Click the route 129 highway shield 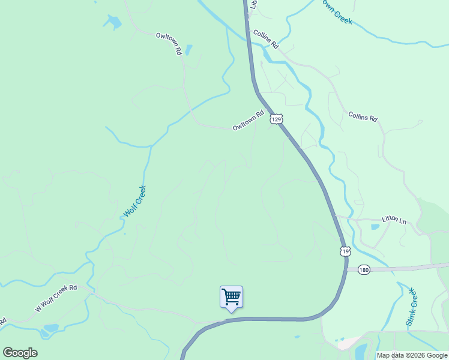coord(276,119)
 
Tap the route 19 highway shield coord(345,251)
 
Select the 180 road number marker coord(363,269)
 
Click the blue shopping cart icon coord(231,297)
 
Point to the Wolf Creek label coord(134,202)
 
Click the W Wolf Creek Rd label coord(56,298)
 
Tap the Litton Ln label coord(394,220)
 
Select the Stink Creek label coord(412,306)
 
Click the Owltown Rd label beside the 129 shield coord(248,120)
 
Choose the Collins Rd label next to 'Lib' coord(266,39)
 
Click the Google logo coord(20,352)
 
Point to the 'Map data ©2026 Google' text coord(412,355)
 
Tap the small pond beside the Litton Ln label coord(375,227)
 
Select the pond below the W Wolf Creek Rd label coord(50,329)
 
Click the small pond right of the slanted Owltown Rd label coord(188,49)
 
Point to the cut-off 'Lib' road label coord(254,4)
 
